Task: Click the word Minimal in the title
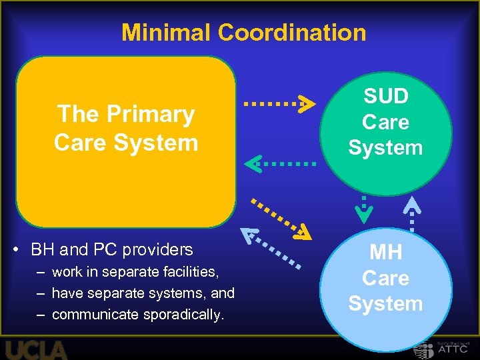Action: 166,32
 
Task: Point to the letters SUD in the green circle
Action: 385,97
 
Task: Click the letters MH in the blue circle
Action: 385,253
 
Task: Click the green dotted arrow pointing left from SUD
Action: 280,162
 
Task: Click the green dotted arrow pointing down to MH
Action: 364,208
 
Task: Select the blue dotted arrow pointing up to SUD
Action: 412,213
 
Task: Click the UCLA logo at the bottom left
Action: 37,350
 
